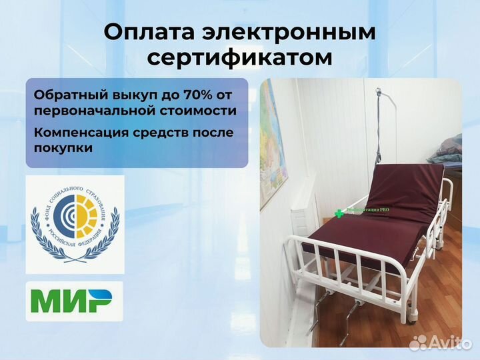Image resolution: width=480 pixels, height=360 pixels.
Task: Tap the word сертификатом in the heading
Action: point(239,57)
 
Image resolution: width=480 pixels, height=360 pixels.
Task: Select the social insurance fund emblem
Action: point(75,223)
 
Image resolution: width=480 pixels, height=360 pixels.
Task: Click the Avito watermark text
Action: point(447,343)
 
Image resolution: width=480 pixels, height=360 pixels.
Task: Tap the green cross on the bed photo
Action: point(339,213)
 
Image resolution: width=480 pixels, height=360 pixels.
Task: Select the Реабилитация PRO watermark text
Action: point(367,211)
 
